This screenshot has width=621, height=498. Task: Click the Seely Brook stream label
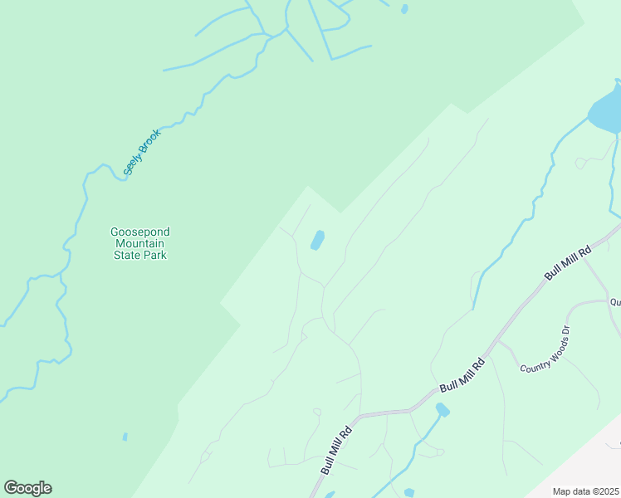pyautogui.click(x=141, y=152)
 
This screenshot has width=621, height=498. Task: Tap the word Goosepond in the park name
pyautogui.click(x=139, y=232)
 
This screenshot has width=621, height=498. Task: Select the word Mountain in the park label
pyautogui.click(x=139, y=244)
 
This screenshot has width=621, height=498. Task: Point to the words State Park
pyautogui.click(x=139, y=256)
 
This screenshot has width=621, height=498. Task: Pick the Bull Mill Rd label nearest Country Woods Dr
pyautogui.click(x=462, y=375)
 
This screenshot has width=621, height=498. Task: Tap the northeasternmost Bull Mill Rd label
pyautogui.click(x=567, y=261)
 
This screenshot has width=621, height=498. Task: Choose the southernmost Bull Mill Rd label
pyautogui.click(x=337, y=448)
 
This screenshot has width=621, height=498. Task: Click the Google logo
pyautogui.click(x=27, y=488)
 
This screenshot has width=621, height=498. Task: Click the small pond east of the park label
pyautogui.click(x=317, y=241)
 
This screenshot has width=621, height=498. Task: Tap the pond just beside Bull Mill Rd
pyautogui.click(x=443, y=410)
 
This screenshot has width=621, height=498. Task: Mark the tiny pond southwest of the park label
pyautogui.click(x=125, y=437)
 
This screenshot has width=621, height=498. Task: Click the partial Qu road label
pyautogui.click(x=615, y=303)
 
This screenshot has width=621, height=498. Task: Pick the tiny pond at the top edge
pyautogui.click(x=404, y=9)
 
